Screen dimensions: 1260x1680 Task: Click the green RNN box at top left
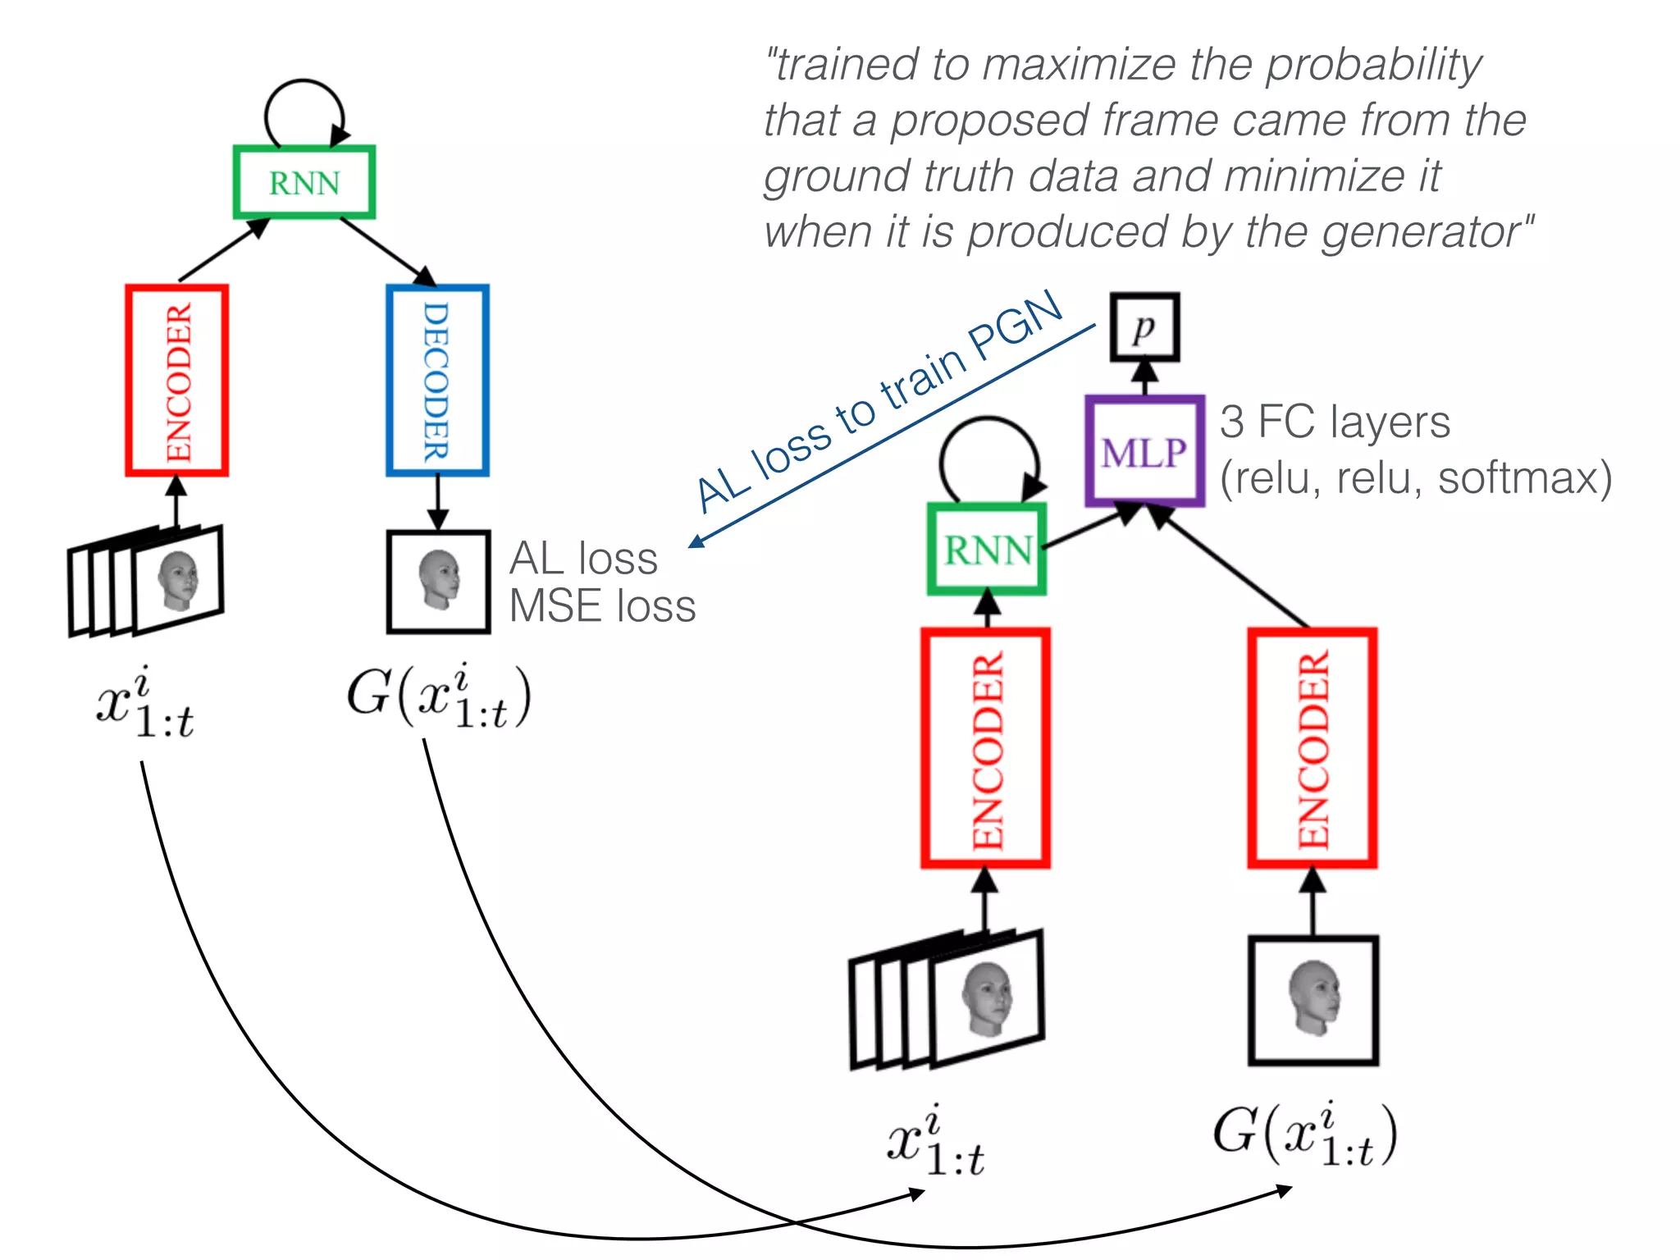tap(304, 182)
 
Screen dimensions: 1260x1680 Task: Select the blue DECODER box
tap(437, 381)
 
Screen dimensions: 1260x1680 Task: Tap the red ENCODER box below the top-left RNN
tap(176, 381)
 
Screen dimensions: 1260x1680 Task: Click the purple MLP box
tap(1144, 451)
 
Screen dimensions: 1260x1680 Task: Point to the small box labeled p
tap(1145, 327)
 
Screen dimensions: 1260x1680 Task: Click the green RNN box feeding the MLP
tap(987, 549)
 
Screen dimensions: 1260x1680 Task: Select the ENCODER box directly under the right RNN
tap(985, 748)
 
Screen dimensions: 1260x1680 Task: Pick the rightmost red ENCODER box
tap(1312, 748)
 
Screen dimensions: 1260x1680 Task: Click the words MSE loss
tap(602, 607)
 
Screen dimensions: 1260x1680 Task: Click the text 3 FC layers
tap(1335, 422)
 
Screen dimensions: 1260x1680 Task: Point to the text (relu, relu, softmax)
tap(1416, 478)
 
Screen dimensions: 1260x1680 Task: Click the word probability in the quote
tap(1373, 66)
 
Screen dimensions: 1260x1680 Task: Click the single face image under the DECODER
tap(439, 582)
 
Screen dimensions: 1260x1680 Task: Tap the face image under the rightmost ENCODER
tap(1312, 1000)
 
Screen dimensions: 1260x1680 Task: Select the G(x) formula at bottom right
tap(1304, 1135)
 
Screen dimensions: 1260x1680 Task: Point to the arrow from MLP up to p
tap(1145, 378)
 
